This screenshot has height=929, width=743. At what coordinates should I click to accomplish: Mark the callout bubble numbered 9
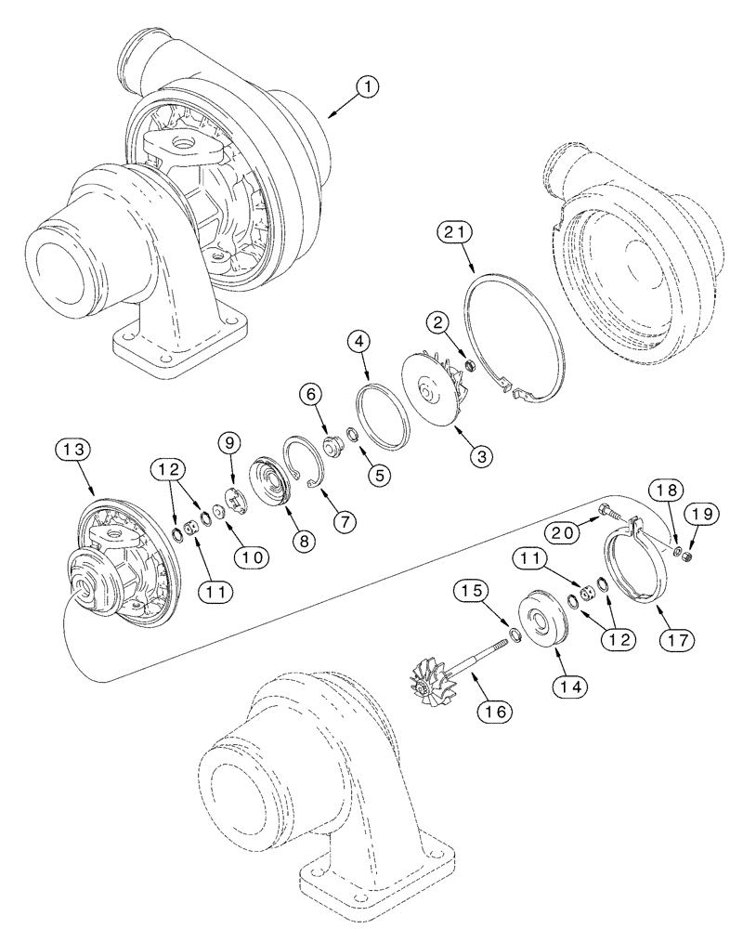(x=230, y=442)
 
